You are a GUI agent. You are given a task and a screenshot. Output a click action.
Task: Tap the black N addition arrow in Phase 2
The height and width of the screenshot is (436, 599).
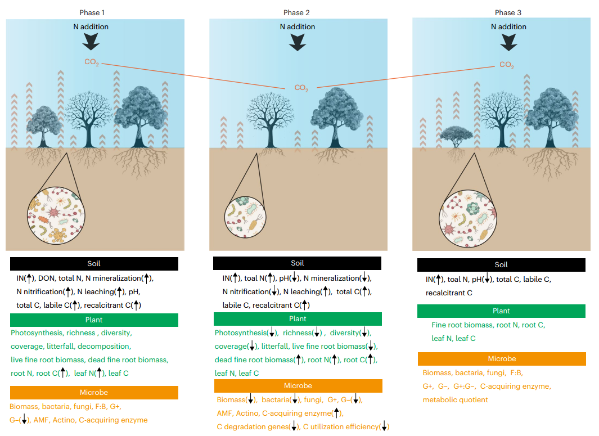coord(296,42)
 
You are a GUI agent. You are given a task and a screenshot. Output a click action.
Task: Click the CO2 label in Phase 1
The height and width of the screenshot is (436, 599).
coord(92,62)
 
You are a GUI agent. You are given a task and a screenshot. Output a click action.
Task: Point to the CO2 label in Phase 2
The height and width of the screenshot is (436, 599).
coord(301,88)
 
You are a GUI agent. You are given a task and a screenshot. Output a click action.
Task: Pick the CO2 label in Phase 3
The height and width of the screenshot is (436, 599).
coord(507,65)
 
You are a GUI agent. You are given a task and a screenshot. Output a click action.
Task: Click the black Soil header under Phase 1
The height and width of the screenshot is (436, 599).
coord(94,264)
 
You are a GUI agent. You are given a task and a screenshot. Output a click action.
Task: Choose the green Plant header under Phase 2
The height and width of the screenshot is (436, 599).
coord(298,319)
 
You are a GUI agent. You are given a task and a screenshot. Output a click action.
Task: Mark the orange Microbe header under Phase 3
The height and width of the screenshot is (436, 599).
coord(501,359)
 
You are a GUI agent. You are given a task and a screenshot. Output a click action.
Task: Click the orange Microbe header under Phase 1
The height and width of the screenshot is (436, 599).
coord(94,392)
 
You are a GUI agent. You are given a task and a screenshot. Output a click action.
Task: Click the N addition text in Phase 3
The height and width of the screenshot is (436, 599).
coord(508,26)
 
